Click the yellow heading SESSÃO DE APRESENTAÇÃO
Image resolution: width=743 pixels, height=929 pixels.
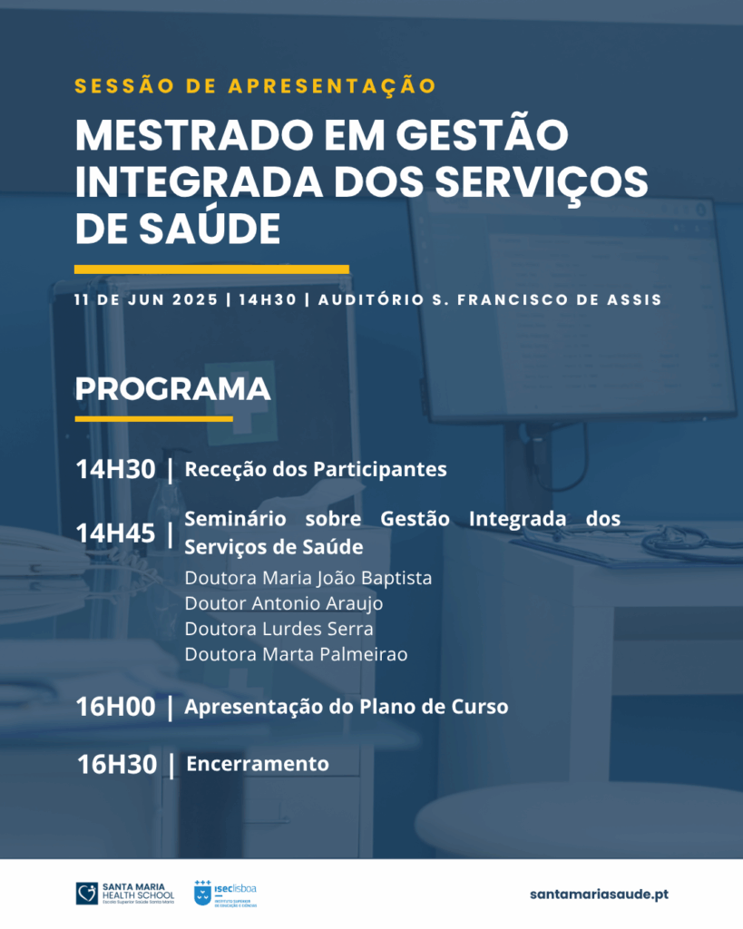tap(255, 85)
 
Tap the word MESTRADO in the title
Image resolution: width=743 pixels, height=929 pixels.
tap(194, 136)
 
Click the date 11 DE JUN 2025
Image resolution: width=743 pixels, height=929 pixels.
tap(146, 299)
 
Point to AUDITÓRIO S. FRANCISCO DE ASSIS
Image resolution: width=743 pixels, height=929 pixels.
tap(490, 298)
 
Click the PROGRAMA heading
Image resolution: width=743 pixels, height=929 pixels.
tap(172, 389)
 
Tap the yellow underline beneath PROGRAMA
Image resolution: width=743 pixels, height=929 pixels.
tap(154, 419)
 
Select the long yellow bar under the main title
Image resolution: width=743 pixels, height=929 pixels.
tap(211, 269)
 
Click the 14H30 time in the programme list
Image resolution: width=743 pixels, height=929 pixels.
tap(115, 470)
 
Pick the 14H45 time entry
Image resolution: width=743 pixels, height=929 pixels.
tap(115, 533)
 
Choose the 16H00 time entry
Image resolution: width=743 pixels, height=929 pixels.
tap(115, 707)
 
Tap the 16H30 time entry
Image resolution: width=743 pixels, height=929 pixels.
tap(117, 764)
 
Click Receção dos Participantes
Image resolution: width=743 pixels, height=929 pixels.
tap(316, 469)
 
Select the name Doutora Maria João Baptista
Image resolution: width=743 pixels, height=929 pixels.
tap(308, 578)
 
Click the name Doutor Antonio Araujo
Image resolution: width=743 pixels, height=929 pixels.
tap(284, 603)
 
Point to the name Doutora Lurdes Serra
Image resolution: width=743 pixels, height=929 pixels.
tap(279, 629)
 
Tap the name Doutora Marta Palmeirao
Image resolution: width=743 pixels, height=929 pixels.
tap(297, 654)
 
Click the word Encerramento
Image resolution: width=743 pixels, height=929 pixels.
tap(258, 764)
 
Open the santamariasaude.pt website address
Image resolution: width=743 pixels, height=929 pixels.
tap(599, 894)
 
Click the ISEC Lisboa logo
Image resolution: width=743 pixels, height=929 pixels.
tap(225, 894)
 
